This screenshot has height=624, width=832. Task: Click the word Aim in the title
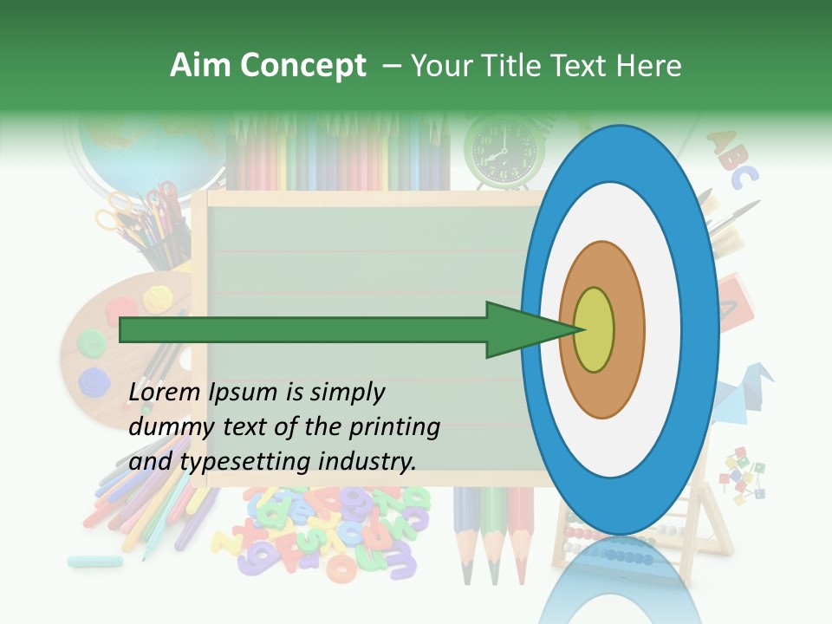pyautogui.click(x=198, y=66)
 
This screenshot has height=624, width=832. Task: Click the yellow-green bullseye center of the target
pyautogui.click(x=594, y=329)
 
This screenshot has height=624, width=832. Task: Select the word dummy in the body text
pyautogui.click(x=166, y=427)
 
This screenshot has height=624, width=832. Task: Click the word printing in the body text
pyautogui.click(x=396, y=427)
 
